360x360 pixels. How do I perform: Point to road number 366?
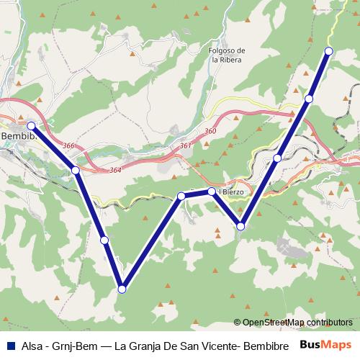coord(69,146)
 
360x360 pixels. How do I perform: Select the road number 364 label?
coord(116,170)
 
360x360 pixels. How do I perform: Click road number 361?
coord(186,145)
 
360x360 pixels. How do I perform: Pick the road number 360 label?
coord(210,131)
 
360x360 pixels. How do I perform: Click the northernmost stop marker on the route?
coord(328,50)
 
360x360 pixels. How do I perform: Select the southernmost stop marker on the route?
coord(122,289)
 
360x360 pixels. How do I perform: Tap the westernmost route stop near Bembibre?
coord(31,125)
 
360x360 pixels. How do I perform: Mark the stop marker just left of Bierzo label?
coord(212,192)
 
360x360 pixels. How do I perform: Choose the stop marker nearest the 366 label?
coord(75,170)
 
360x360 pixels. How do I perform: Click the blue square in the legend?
coord(9,344)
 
